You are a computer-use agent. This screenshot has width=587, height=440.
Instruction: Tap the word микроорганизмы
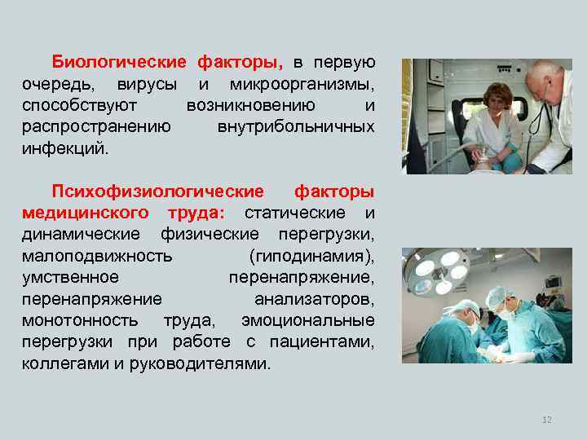point(302,85)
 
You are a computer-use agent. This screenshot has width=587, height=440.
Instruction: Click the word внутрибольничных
point(296,127)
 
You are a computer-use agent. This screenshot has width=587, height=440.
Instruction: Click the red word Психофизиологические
point(158,191)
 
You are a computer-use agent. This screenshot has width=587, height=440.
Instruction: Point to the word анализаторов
point(314,299)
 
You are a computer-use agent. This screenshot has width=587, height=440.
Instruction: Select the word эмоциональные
point(308,320)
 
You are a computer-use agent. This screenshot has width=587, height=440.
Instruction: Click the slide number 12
point(547,419)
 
